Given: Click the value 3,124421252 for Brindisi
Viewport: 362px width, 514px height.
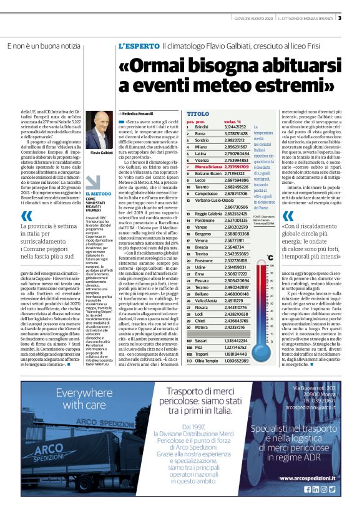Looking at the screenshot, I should pos(235,126).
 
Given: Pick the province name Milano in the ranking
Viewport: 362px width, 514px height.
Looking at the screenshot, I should pos(200,147).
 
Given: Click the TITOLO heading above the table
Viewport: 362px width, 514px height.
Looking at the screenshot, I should pos(198,115).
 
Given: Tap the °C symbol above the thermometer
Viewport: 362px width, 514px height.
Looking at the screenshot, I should pos(269,256).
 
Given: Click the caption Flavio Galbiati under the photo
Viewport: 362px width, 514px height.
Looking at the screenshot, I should pos(101,152).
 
